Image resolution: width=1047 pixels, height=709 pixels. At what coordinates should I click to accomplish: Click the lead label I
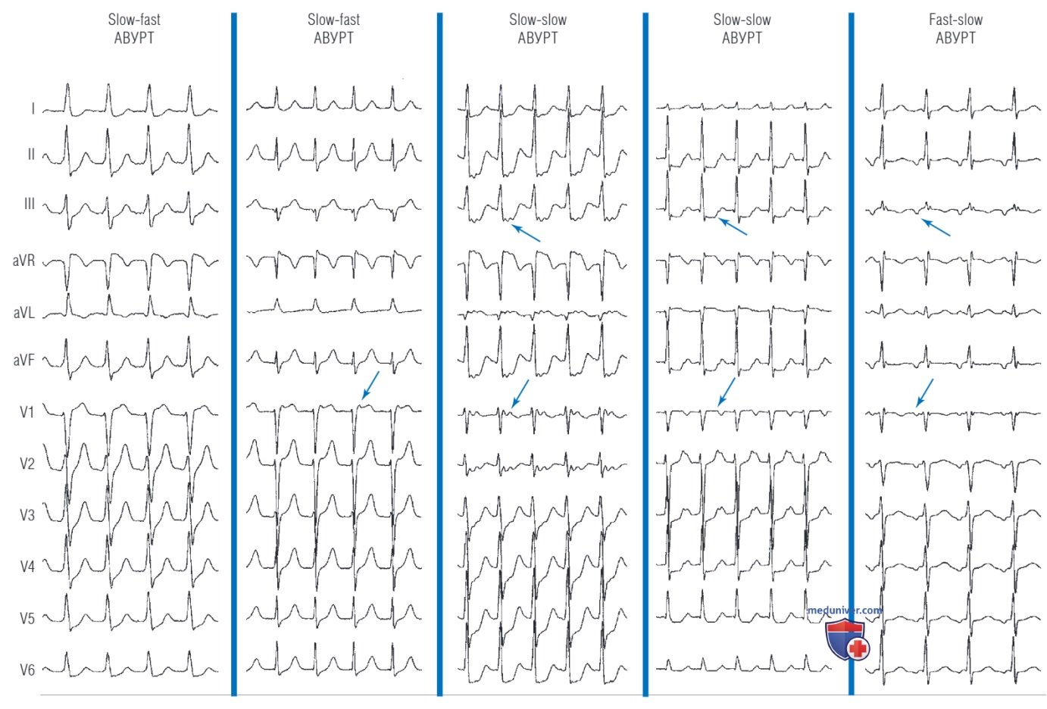point(33,108)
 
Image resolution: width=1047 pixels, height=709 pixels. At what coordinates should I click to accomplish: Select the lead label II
point(31,155)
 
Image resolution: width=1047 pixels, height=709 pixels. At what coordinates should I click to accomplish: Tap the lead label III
point(30,204)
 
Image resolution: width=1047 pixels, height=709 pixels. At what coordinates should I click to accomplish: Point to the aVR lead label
point(23,261)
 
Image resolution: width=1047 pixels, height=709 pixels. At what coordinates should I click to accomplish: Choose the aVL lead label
point(24,312)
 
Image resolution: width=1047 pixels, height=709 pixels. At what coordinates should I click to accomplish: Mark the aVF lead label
point(24,360)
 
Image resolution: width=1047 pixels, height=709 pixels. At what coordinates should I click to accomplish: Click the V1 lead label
point(27,412)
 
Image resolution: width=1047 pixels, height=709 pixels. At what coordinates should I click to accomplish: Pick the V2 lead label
point(27,464)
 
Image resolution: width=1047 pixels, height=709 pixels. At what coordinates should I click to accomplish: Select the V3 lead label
point(27,515)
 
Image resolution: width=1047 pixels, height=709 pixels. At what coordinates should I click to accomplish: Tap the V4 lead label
point(27,567)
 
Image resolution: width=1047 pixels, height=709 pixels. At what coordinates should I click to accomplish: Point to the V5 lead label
point(27,619)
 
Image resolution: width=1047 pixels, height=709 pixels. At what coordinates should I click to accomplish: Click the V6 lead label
point(27,670)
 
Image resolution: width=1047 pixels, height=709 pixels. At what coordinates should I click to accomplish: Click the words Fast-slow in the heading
point(955,20)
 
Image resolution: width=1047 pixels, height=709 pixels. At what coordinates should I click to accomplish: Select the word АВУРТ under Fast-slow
point(955,38)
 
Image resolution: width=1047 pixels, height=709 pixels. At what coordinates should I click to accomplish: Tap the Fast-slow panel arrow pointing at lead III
point(936,227)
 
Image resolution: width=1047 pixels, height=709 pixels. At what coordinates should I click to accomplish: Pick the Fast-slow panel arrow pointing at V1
point(924,392)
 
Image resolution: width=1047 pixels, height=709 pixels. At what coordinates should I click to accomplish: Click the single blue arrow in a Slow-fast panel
point(370,386)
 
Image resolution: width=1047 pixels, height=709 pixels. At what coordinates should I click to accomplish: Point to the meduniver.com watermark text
point(844,611)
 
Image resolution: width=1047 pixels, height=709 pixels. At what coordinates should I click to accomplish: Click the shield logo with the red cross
point(848,639)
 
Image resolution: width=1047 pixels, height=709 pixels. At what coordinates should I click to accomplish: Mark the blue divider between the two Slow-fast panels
point(234,354)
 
